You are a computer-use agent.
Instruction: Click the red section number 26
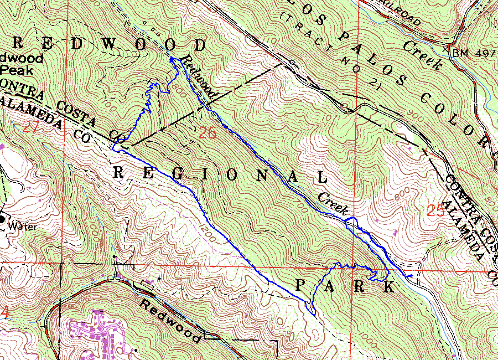click(x=207, y=133)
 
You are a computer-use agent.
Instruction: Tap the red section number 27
click(x=31, y=127)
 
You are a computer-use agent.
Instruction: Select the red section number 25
click(x=436, y=210)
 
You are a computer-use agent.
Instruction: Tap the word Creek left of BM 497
click(x=423, y=55)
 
